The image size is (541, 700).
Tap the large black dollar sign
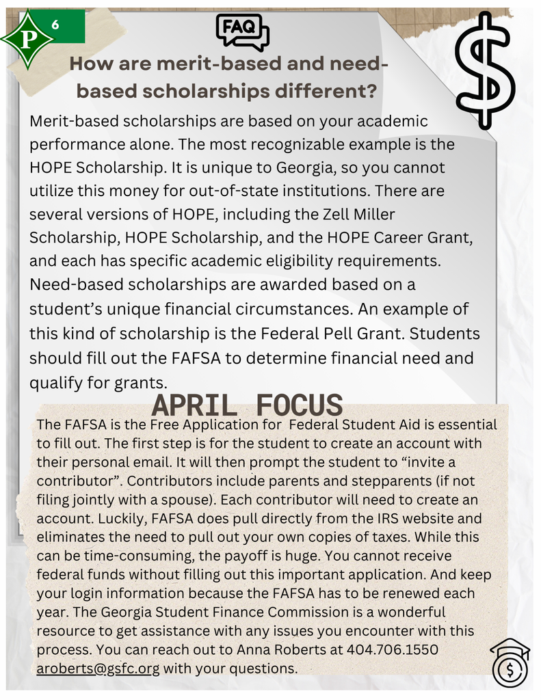486,70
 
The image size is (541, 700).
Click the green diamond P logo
27,40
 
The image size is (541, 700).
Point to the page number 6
55,25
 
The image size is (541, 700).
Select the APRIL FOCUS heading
247,405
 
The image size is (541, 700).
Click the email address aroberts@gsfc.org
98,668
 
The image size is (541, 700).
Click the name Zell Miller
362,215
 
